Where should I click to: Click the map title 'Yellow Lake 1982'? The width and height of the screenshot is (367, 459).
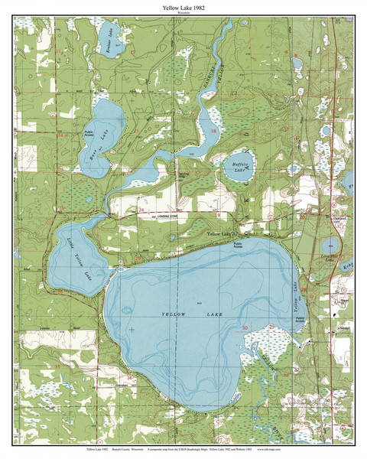click(x=183, y=6)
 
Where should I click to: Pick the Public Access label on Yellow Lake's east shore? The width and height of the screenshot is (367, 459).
click(x=300, y=321)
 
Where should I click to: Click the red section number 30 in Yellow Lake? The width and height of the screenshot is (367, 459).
click(x=244, y=328)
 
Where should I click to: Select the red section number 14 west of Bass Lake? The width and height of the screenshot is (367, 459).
click(x=61, y=135)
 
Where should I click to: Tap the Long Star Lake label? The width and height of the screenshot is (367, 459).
click(x=330, y=260)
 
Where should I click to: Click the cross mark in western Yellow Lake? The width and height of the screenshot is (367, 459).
click(x=131, y=329)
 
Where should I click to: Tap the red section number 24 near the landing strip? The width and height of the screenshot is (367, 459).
click(x=141, y=208)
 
